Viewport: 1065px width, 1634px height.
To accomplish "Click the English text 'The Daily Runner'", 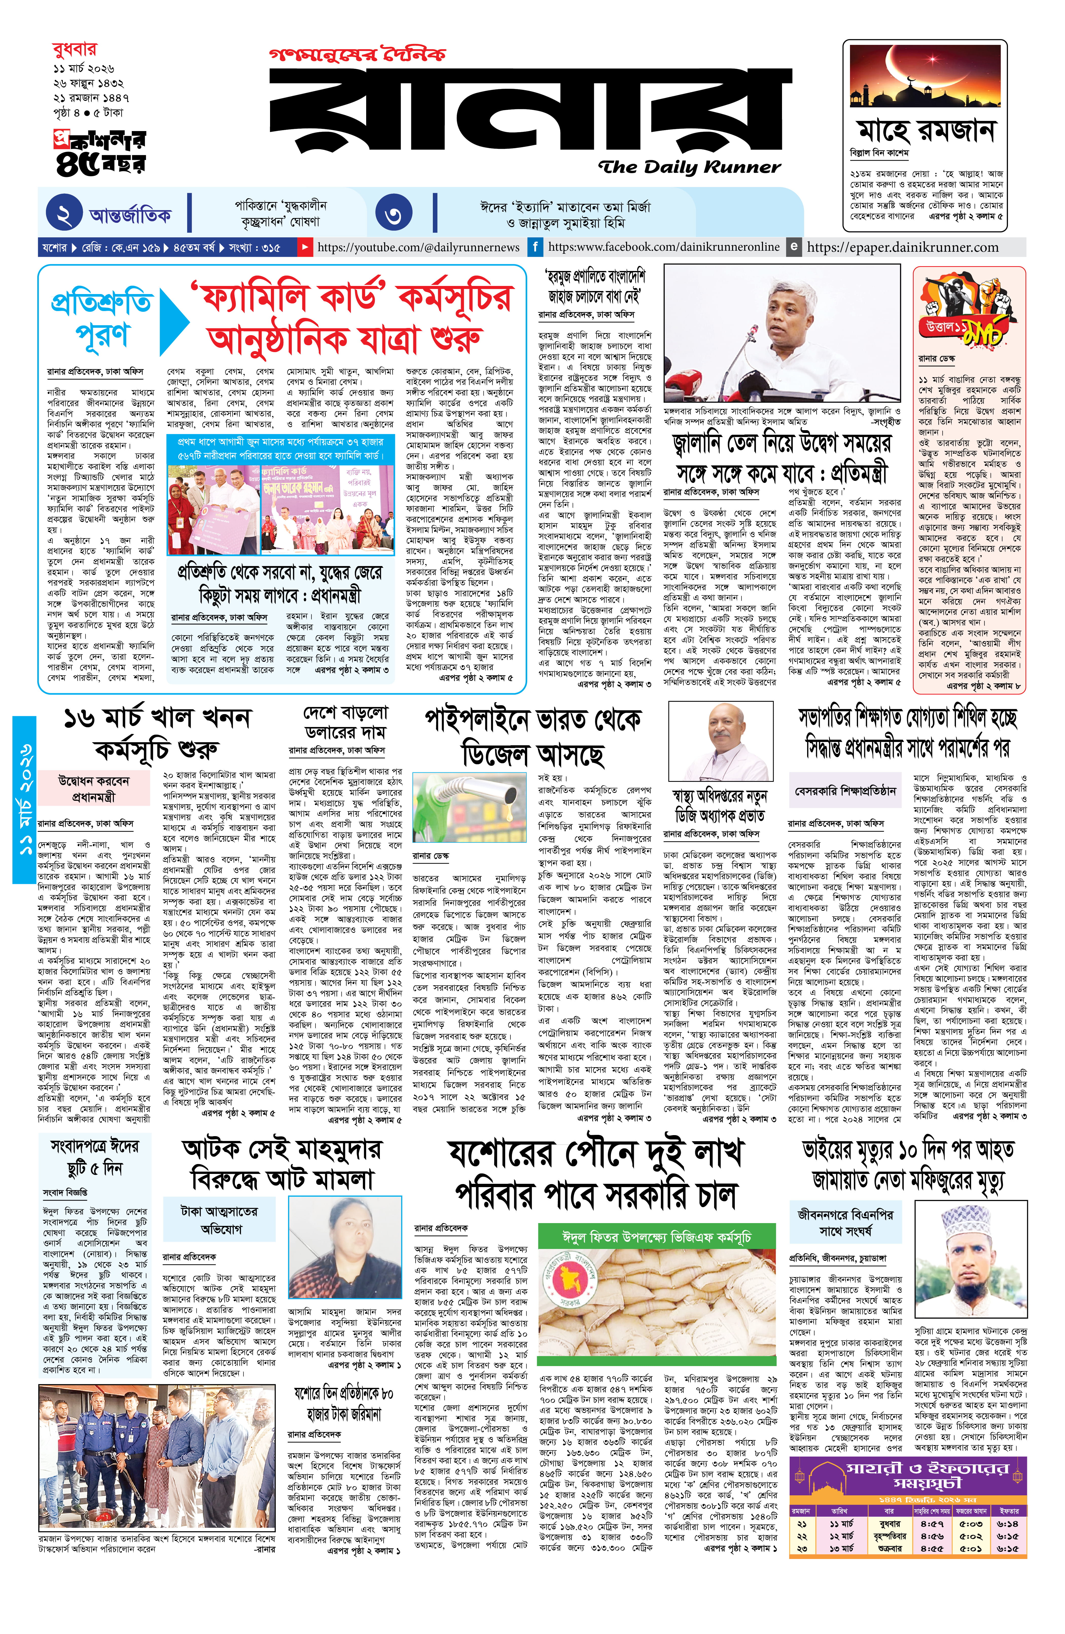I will point(689,167).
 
